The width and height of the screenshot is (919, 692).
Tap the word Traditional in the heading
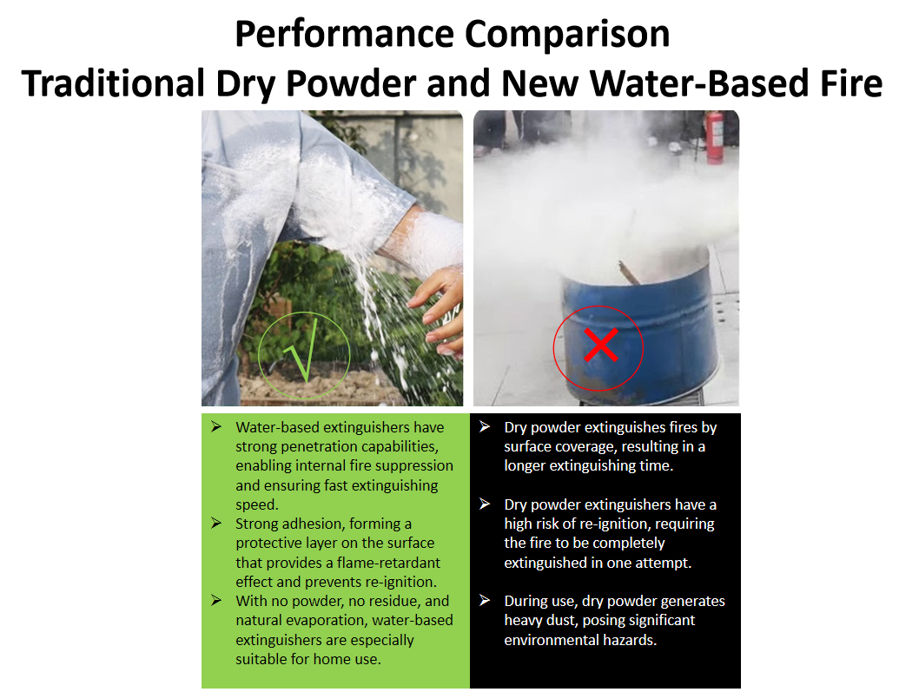(x=114, y=83)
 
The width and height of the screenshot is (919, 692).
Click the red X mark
(x=601, y=345)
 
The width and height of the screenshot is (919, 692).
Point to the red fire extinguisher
(x=715, y=138)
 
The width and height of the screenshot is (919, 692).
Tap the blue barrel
(x=638, y=328)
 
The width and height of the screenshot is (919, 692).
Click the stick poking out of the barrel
(x=629, y=273)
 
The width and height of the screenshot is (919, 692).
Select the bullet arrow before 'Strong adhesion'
(x=216, y=524)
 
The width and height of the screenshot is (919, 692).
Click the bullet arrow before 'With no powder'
(x=216, y=601)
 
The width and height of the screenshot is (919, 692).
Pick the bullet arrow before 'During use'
(x=485, y=601)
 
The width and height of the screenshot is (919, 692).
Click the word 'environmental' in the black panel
(x=547, y=640)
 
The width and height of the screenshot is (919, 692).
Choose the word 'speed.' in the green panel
(x=257, y=505)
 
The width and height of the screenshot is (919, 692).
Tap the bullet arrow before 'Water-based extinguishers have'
(x=216, y=426)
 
